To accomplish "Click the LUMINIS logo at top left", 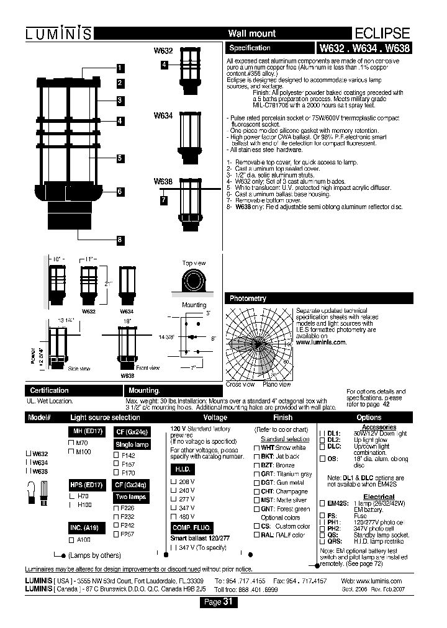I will point(59,34).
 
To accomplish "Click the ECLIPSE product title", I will point(382,34).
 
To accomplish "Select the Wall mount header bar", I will point(251,34).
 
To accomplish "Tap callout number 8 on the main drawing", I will point(120,240).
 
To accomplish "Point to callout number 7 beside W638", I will point(163,200).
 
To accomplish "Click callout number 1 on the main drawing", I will point(120,68).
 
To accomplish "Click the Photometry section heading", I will point(248,298).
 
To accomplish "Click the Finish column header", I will point(282,418).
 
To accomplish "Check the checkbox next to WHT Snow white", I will point(256,447).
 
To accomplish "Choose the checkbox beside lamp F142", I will point(115,455).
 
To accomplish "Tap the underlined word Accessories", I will point(379,428).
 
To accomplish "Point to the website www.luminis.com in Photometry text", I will point(322,342).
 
